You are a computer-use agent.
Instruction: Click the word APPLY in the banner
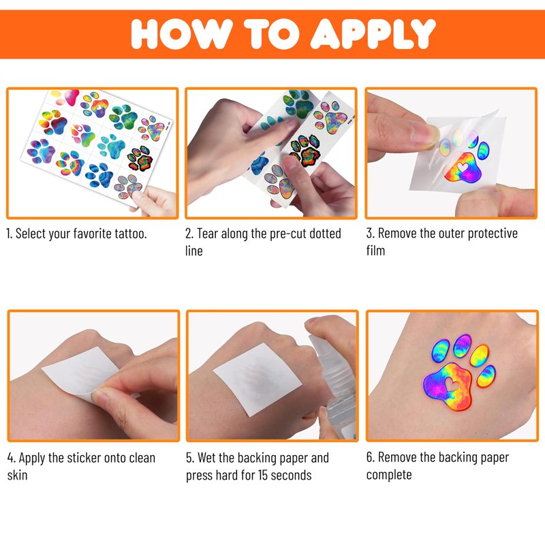pos(373,33)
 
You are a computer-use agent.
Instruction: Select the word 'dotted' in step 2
pos(325,233)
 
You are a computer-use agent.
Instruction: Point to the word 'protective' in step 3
pos(493,234)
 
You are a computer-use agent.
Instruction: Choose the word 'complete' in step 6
pos(389,475)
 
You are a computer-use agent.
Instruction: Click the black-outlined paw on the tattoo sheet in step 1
pos(140,159)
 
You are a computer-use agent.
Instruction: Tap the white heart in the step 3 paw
pos(463,168)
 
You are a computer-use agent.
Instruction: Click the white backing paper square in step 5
pos(258,379)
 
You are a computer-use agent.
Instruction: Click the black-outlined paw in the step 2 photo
pos(305,150)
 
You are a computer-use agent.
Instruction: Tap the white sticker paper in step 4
pos(80,372)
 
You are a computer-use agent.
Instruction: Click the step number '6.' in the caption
pos(371,457)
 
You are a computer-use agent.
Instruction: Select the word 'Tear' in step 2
pos(208,233)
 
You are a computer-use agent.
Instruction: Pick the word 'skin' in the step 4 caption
pos(17,475)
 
